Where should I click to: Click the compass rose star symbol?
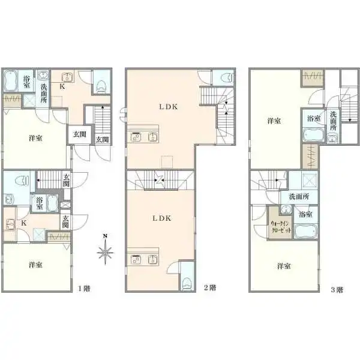pyautogui.click(x=105, y=253)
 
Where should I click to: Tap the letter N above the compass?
pyautogui.click(x=105, y=236)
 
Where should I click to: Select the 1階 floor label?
pyautogui.click(x=84, y=289)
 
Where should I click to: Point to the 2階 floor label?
pyautogui.click(x=210, y=287)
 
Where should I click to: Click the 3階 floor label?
pyautogui.click(x=337, y=290)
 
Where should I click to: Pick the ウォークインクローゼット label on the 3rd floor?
pyautogui.click(x=280, y=227)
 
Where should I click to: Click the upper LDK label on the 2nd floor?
pyautogui.click(x=169, y=107)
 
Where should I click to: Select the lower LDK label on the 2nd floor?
pyautogui.click(x=162, y=218)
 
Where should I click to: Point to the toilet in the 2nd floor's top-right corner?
pyautogui.click(x=226, y=77)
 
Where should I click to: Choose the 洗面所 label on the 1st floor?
pyautogui.click(x=44, y=93)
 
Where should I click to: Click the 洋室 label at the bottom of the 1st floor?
pyautogui.click(x=35, y=265)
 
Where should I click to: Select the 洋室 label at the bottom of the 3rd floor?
pyautogui.click(x=284, y=266)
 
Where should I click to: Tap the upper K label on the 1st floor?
pyautogui.click(x=62, y=86)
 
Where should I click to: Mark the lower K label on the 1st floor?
pyautogui.click(x=24, y=223)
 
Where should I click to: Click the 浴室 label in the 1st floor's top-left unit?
pyautogui.click(x=26, y=82)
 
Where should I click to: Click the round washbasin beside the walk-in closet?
pyautogui.click(x=286, y=209)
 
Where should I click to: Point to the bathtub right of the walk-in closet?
pyautogui.click(x=306, y=231)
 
